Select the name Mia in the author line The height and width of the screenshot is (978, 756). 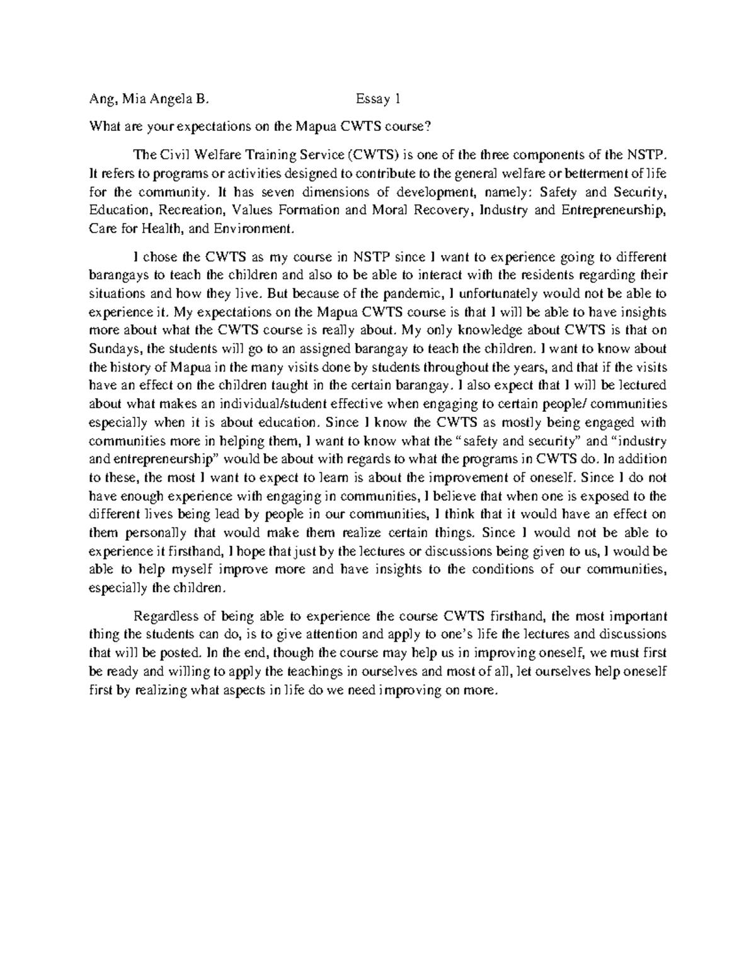134,99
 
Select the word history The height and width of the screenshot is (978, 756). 129,367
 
